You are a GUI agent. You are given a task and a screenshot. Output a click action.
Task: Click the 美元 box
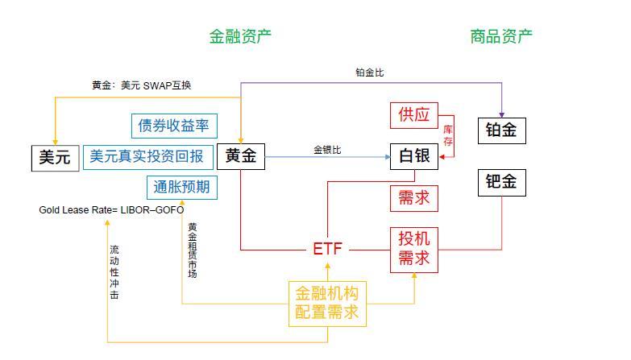(56, 157)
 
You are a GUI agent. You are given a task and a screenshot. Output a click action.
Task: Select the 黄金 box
(241, 156)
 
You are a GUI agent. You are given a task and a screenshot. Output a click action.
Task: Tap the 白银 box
(414, 156)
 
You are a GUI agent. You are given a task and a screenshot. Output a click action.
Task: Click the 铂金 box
(501, 130)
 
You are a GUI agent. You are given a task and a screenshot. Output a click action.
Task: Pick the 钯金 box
(501, 183)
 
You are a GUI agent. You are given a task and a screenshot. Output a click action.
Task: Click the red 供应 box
(414, 115)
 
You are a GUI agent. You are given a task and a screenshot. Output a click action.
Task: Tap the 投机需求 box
(414, 248)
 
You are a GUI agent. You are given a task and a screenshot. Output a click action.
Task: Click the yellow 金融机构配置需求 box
(326, 304)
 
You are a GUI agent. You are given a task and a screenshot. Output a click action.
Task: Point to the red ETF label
(327, 249)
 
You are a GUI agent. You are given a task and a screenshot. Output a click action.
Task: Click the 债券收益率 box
(173, 126)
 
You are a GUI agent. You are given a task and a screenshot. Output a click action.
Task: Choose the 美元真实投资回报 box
(146, 156)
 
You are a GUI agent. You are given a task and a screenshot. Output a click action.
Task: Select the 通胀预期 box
(182, 187)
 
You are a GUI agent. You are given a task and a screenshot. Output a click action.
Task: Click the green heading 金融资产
(240, 36)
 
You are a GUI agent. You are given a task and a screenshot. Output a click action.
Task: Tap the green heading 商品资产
(501, 36)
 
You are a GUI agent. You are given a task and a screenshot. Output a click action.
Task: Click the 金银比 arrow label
(327, 150)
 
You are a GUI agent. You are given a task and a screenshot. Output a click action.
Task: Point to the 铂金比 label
(370, 72)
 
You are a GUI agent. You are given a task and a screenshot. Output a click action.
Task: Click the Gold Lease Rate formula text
(111, 210)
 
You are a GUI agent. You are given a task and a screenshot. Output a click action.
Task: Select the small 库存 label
(449, 135)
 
